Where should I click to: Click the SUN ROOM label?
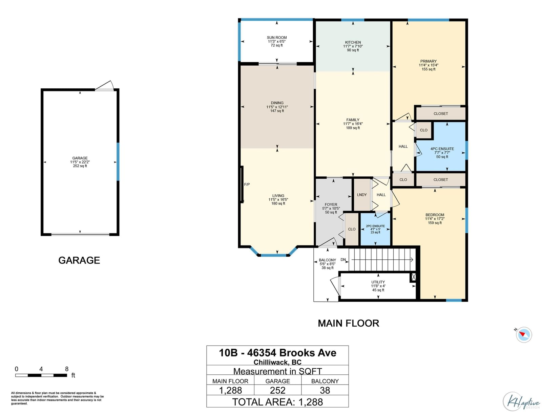pyautogui.click(x=276, y=38)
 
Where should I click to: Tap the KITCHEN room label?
pyautogui.click(x=353, y=42)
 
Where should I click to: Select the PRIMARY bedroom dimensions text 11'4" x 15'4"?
pyautogui.click(x=429, y=65)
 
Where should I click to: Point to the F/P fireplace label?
pyautogui.click(x=247, y=184)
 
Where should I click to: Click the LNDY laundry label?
pyautogui.click(x=362, y=195)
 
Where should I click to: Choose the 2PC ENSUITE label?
pyautogui.click(x=375, y=226)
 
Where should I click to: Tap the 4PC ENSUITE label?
pyautogui.click(x=442, y=149)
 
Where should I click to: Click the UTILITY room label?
pyautogui.click(x=378, y=282)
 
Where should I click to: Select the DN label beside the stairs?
pyautogui.click(x=343, y=260)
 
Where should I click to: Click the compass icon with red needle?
pyautogui.click(x=524, y=335)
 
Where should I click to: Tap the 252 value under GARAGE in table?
pyautogui.click(x=277, y=390)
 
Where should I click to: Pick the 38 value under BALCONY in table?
pyautogui.click(x=325, y=390)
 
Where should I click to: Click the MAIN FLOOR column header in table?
pyautogui.click(x=230, y=381)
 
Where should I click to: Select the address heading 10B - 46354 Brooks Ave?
pyautogui.click(x=277, y=353)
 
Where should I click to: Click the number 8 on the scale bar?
pyautogui.click(x=67, y=369)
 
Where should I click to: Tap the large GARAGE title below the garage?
pyautogui.click(x=79, y=260)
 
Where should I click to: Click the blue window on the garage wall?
pyautogui.click(x=118, y=161)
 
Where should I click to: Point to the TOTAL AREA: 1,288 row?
pyautogui.click(x=277, y=402)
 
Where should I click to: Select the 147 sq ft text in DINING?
pyautogui.click(x=277, y=111)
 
